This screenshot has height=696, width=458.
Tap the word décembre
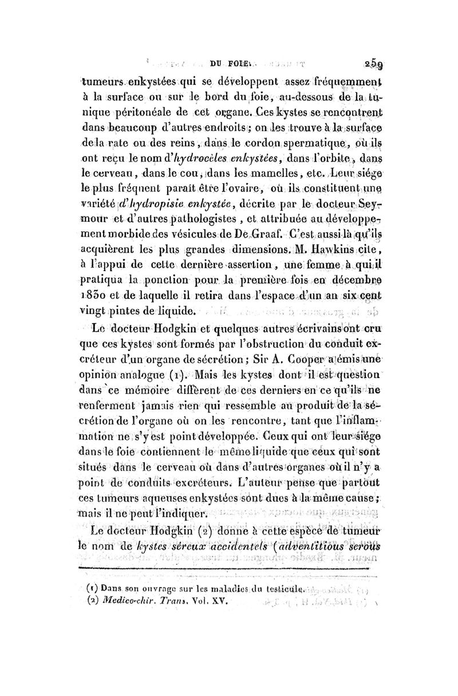point(349,279)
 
